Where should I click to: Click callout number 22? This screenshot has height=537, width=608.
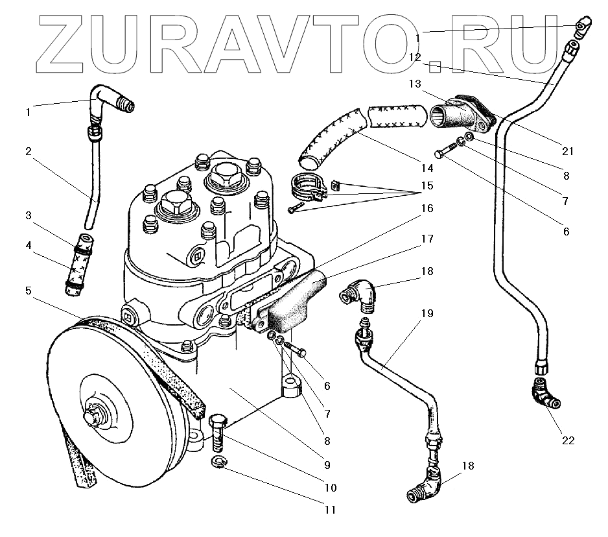568,440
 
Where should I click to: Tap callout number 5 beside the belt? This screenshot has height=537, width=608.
28,291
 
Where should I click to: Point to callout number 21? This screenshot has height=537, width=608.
568,151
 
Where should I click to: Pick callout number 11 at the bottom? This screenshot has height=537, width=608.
330,510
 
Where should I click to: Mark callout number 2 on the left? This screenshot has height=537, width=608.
28,152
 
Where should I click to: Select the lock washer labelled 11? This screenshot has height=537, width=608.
220,462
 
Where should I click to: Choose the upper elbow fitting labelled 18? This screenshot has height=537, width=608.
357,295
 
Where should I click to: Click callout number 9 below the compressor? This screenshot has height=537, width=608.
327,464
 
